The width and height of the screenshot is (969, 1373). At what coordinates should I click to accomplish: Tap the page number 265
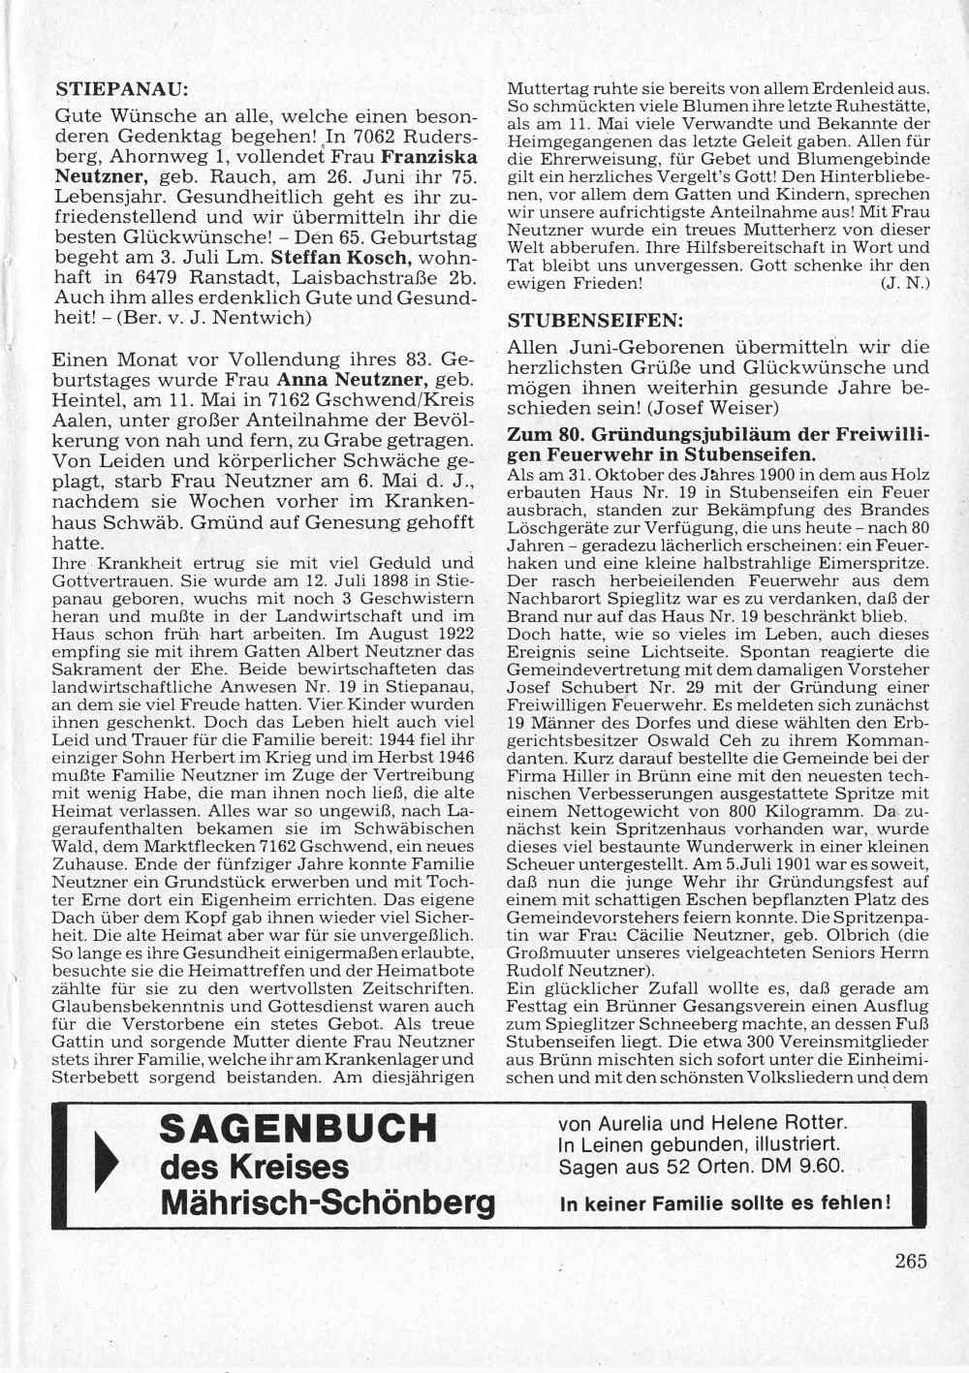pos(911,1261)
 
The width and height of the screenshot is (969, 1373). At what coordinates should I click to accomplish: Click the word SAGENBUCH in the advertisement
pos(297,1129)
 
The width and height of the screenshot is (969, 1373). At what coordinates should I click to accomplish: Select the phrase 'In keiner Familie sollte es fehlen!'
pos(725,1204)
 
